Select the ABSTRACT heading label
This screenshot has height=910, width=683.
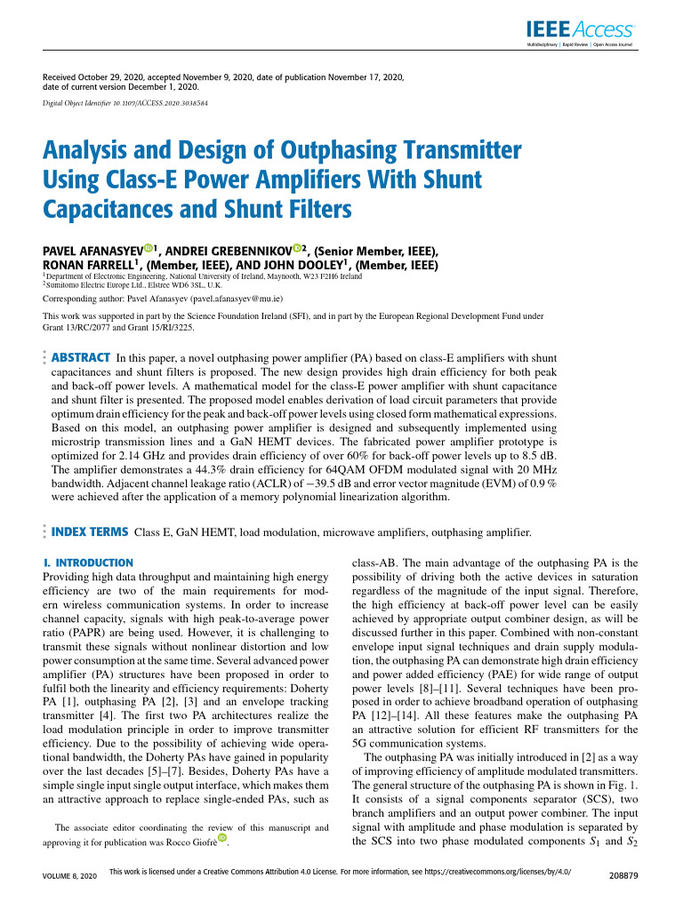point(82,357)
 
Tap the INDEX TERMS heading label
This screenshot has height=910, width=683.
point(91,532)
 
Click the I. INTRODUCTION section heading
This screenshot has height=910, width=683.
point(88,563)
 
